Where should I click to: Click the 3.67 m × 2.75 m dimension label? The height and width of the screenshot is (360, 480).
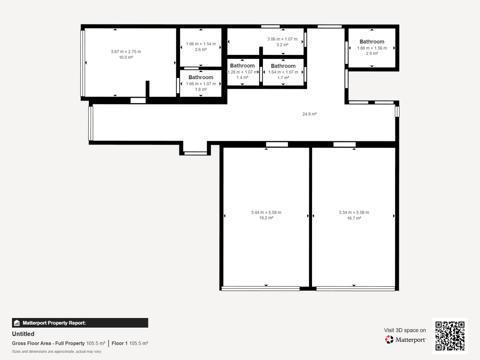tap(126, 52)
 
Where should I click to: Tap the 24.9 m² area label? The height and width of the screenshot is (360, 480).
tap(310, 114)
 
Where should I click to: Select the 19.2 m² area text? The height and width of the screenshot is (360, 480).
tap(266, 218)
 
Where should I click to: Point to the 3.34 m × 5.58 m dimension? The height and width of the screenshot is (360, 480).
tap(354, 212)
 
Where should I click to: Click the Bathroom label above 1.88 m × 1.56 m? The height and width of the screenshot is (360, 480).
tap(372, 42)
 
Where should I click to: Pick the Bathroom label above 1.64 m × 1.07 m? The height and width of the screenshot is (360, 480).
tap(283, 66)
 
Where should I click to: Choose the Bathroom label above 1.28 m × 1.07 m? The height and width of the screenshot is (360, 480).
tap(242, 66)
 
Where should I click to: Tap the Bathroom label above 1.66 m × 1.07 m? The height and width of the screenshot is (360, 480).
tap(201, 77)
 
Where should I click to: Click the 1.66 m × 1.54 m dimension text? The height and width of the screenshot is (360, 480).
tap(201, 44)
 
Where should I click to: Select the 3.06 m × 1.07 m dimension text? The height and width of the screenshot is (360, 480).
tap(282, 39)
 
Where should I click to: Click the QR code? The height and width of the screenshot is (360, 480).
tap(450, 336)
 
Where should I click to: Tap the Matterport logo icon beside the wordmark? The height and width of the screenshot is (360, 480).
tap(389, 340)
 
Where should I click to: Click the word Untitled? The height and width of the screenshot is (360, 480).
tap(23, 334)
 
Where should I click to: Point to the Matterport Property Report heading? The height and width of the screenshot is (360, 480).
tap(54, 323)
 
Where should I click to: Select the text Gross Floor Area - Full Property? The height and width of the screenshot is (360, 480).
tap(48, 343)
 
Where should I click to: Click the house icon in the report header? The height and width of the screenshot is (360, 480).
tap(17, 323)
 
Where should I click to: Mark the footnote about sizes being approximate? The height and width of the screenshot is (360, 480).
tap(56, 352)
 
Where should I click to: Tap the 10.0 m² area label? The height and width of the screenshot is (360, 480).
tap(126, 58)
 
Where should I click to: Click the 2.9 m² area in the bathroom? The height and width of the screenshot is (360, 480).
tap(372, 54)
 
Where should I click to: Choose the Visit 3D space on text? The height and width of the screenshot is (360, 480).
tap(405, 330)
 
